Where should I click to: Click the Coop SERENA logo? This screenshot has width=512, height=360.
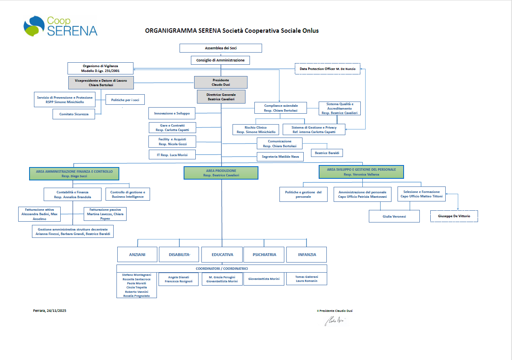pos(60,26)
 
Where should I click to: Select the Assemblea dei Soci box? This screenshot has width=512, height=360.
pos(220,48)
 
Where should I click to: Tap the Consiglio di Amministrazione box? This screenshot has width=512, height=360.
pos(220,60)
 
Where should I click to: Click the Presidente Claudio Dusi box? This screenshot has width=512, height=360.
pos(220,83)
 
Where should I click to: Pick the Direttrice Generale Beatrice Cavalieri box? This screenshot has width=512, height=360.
pos(221,96)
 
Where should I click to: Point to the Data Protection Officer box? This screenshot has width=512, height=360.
pos(327,69)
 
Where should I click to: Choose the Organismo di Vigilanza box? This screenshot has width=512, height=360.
pos(100,68)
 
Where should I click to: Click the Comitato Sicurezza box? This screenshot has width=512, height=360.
pos(74,114)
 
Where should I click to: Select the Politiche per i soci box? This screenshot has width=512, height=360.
pos(125,100)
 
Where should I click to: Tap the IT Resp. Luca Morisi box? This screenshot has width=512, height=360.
pos(172,155)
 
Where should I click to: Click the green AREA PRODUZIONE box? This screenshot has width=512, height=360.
pos(221,173)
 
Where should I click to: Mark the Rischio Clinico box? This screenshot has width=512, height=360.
pos(256,129)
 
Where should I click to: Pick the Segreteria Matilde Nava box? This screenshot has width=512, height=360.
pos(280,157)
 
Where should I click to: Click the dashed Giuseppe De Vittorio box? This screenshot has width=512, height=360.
pos(454,216)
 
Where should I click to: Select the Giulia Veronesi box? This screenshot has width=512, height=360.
pos(394,216)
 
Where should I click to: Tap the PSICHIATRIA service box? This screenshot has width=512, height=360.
pos(264,255)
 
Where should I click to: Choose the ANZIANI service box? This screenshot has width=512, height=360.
pos(137,255)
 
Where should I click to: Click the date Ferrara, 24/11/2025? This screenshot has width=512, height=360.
pos(49,311)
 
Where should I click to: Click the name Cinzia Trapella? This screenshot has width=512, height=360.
pos(137,287)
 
